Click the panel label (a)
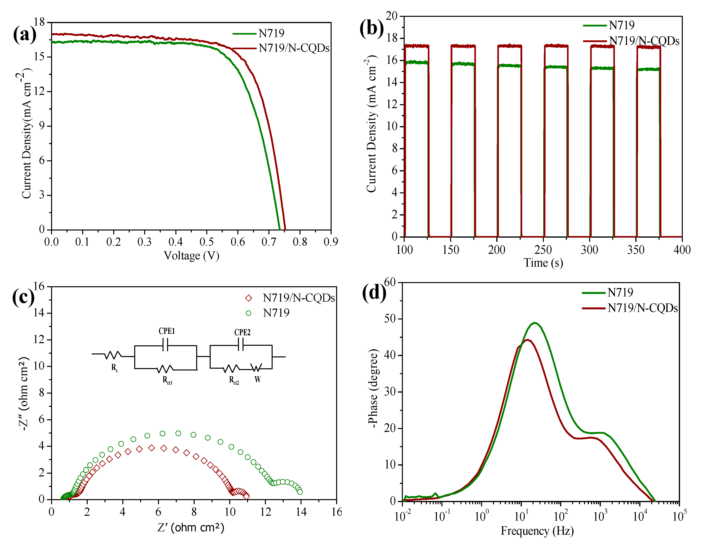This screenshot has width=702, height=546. [x=25, y=34]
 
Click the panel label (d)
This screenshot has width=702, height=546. [x=374, y=292]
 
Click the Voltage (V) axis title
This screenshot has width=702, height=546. [x=192, y=256]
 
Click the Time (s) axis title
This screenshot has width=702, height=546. [x=543, y=263]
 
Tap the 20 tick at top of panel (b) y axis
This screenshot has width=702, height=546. [x=392, y=16]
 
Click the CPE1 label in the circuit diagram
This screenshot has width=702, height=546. [x=166, y=331]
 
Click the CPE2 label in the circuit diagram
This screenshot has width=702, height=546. [x=242, y=332]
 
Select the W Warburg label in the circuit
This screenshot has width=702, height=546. [x=258, y=379]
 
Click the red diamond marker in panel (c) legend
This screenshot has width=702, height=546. [x=248, y=298]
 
